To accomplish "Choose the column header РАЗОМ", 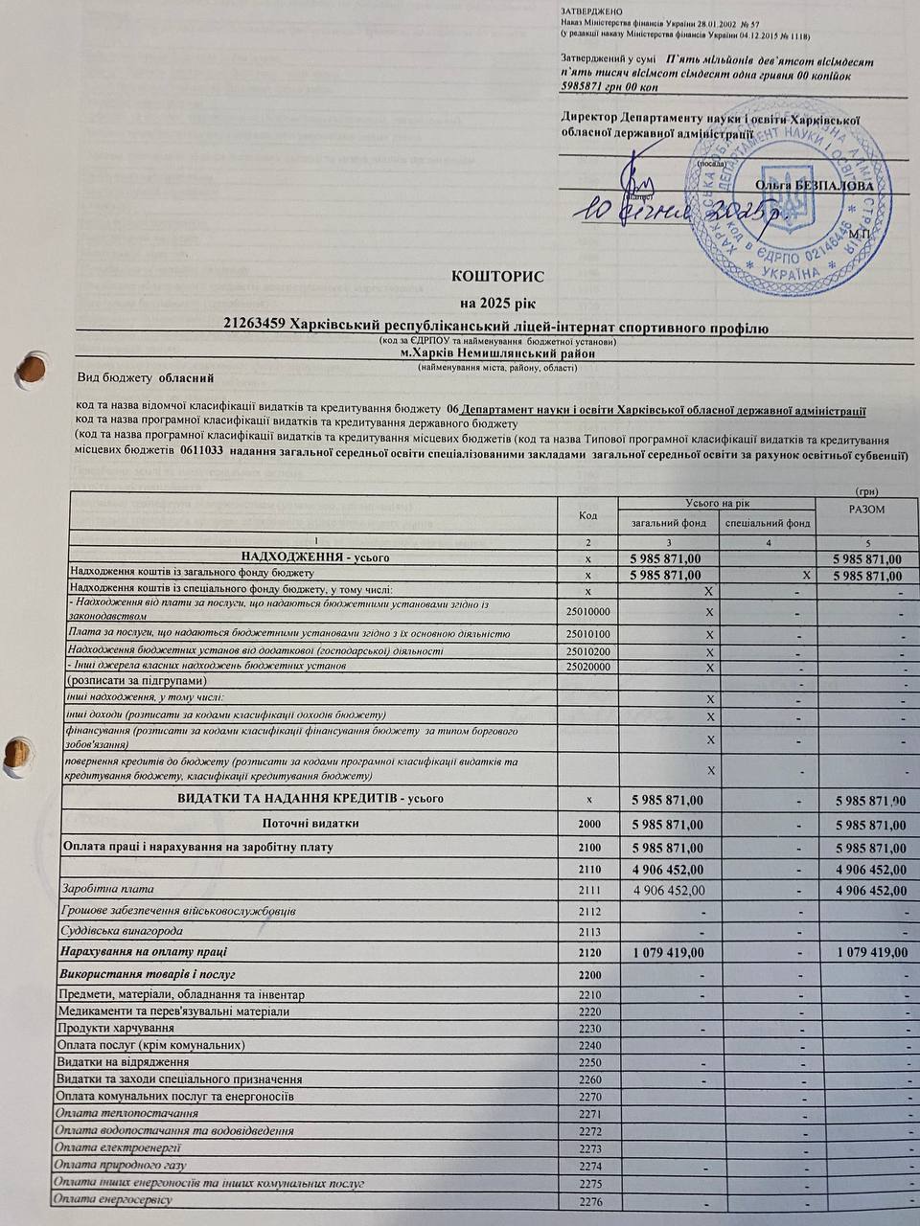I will point(866,510).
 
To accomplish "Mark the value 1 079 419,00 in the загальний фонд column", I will point(669,953).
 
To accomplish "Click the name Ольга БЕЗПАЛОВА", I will point(814,185).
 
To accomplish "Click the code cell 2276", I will point(590,1202).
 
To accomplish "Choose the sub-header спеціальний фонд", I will point(767,523).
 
